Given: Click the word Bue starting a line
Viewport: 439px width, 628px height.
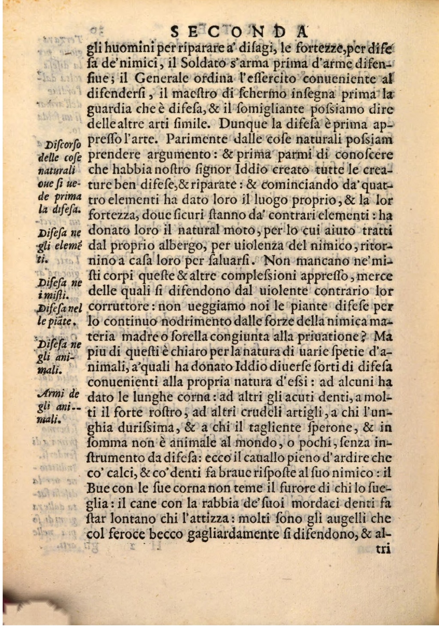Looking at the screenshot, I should point(96,488).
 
